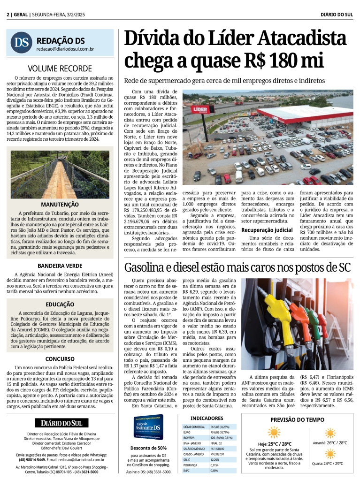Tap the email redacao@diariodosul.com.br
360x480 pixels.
(x=65, y=49)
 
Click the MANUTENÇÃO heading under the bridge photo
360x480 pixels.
(x=60, y=205)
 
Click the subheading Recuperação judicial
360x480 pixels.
(x=267, y=230)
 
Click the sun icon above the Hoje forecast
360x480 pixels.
(x=274, y=432)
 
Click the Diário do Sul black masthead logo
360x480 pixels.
(x=60, y=423)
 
